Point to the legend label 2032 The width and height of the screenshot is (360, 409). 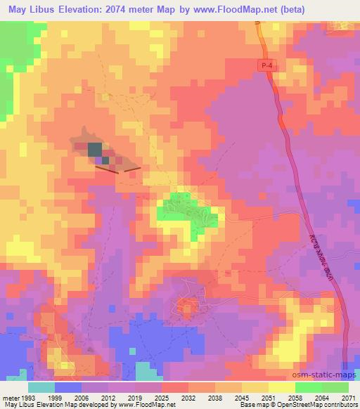tap(187, 397)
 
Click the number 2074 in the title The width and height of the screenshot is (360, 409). tap(150, 9)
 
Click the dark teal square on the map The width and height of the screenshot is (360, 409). tap(94, 150)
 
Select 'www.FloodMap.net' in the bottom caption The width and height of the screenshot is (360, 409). tap(146, 405)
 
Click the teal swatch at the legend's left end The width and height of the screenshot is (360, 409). tap(41, 387)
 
